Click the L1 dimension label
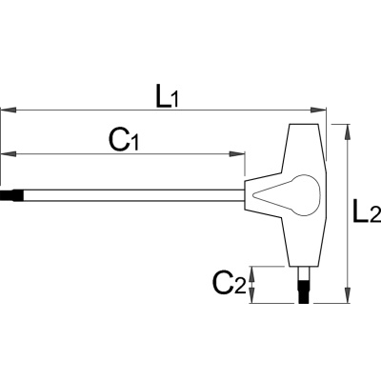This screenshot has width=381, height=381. tap(168, 96)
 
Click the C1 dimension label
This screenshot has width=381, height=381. tap(124, 140)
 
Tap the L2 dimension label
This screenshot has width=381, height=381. tap(367, 211)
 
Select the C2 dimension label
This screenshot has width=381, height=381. tap(230, 283)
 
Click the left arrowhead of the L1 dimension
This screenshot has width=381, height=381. tap(8, 110)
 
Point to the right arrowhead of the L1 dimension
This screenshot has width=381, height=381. tap(318, 110)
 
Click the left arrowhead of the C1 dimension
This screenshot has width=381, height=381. tap(8, 154)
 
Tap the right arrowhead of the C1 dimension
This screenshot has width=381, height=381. tap(237, 154)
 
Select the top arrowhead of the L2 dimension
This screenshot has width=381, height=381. tap(349, 131)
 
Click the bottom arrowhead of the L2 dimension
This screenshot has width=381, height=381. tap(349, 295)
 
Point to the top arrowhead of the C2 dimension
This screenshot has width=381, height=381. tap(251, 274)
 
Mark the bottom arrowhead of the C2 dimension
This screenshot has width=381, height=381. tap(251, 295)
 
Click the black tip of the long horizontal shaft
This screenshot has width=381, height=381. tap(11, 195)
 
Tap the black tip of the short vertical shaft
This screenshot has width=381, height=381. tap(305, 291)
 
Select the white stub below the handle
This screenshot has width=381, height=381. tap(305, 272)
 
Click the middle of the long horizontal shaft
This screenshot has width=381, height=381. tap(133, 195)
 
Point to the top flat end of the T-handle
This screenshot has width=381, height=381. tap(304, 124)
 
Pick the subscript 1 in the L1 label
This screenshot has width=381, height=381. tap(174, 100)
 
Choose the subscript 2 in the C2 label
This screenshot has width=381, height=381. tap(240, 287)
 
